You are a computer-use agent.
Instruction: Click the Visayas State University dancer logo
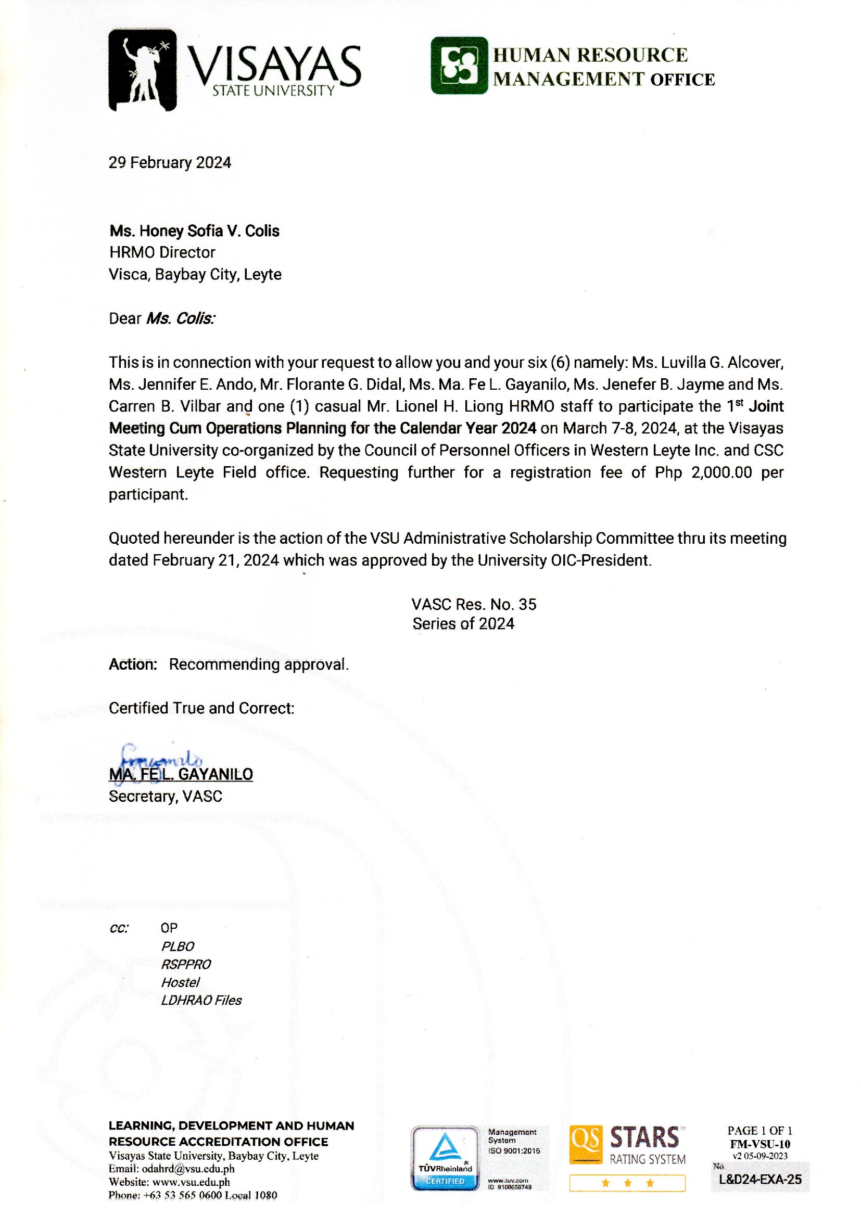tap(142, 70)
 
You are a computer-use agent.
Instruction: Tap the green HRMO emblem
tap(459, 65)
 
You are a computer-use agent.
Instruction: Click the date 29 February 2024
tap(170, 163)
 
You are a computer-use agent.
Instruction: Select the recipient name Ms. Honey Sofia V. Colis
tap(194, 231)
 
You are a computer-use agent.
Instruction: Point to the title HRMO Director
tap(162, 252)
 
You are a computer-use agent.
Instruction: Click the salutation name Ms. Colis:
tap(180, 318)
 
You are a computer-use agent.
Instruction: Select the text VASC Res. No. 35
tap(473, 605)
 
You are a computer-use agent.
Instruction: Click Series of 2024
tap(463, 624)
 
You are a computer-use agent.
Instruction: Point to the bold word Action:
tap(133, 664)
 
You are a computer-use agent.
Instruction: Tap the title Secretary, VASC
tap(166, 797)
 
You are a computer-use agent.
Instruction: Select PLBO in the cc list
tap(178, 946)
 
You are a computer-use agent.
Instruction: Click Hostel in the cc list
tap(180, 982)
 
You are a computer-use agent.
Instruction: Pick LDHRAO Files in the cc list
tap(201, 1001)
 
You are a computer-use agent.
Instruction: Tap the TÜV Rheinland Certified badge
tap(445, 1158)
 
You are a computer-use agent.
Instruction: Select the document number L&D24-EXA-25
tap(759, 1180)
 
